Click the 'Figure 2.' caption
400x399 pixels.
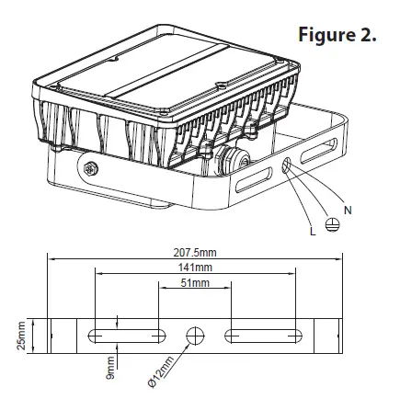pos(337,36)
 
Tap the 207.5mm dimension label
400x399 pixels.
pos(194,251)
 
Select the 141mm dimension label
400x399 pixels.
pos(195,267)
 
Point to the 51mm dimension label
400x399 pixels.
pos(194,283)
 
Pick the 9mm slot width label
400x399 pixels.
pos(108,367)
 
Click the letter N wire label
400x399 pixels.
pos(347,211)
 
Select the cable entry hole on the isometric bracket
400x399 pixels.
pos(289,165)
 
